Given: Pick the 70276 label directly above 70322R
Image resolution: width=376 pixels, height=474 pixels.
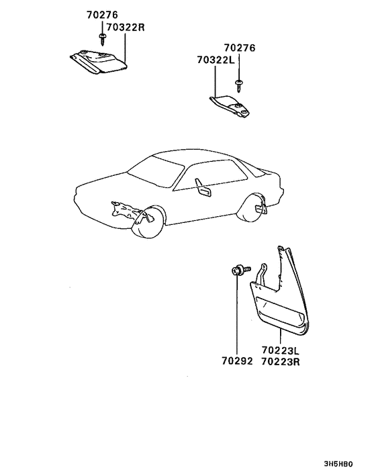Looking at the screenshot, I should pos(101,14).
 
